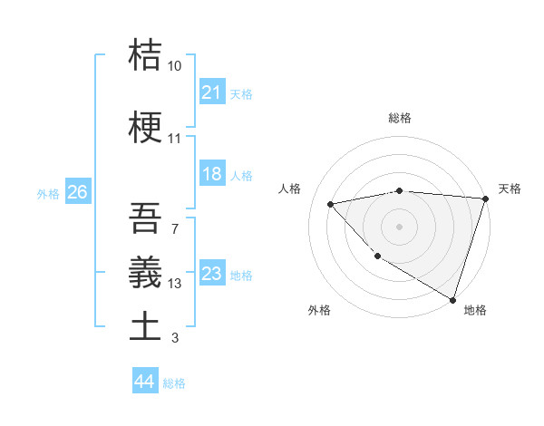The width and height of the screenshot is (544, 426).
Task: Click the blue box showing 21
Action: click(211, 92)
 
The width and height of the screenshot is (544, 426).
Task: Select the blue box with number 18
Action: click(211, 175)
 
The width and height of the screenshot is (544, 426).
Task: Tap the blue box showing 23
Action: click(211, 275)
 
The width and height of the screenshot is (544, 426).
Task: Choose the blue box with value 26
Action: click(77, 192)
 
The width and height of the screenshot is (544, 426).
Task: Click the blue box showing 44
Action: click(144, 382)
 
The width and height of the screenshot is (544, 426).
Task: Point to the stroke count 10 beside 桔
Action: click(175, 66)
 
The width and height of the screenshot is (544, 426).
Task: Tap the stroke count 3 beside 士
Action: click(174, 338)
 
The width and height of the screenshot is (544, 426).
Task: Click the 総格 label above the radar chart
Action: click(400, 118)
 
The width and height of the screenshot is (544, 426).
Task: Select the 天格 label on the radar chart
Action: click(510, 189)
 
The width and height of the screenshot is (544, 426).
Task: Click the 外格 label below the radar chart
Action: click(319, 310)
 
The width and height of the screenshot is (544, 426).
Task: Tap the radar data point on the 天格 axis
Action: click(485, 198)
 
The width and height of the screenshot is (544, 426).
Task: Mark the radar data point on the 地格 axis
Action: click(452, 298)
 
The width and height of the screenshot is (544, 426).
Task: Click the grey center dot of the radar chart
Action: click(400, 226)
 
